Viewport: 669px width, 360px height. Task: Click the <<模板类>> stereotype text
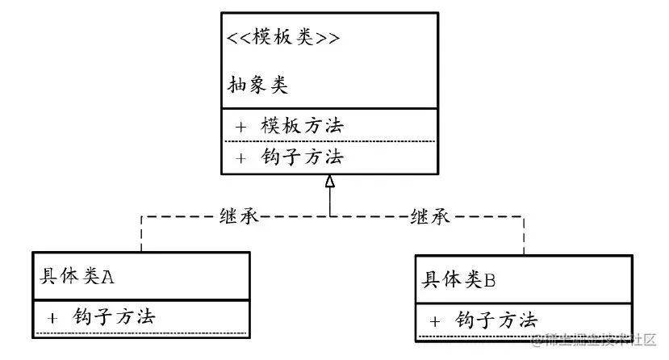[282, 39]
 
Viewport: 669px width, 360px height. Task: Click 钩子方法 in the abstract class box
[303, 157]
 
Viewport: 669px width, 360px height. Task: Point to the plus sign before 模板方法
[240, 127]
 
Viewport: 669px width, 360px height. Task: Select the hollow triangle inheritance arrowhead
[329, 182]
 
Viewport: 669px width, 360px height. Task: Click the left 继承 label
[239, 216]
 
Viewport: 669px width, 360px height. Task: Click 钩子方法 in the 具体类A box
[114, 316]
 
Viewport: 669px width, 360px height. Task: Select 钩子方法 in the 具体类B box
[496, 319]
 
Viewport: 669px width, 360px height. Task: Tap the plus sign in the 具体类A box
[52, 317]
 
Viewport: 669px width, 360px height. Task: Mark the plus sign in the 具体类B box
[435, 320]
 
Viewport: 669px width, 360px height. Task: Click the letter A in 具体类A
[108, 276]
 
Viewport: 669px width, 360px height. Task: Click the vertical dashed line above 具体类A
[141, 234]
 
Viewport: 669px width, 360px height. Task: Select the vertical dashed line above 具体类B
[524, 235]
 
